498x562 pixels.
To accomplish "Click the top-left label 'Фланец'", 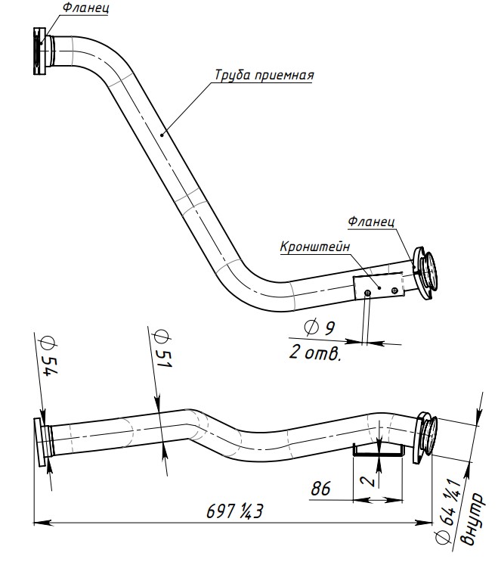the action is (x=85, y=8).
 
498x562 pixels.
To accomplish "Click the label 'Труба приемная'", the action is (x=264, y=76).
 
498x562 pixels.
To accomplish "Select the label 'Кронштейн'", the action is (x=315, y=247).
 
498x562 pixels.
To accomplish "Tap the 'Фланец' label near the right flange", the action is (x=371, y=221).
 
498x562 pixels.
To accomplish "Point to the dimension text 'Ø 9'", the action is (x=320, y=328).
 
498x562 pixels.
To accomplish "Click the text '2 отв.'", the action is (x=314, y=352).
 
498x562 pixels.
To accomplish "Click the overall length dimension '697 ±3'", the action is (x=235, y=511).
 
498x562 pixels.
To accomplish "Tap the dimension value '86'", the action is (x=320, y=488).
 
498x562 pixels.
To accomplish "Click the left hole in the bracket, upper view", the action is (x=368, y=293).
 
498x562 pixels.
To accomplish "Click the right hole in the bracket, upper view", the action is (x=394, y=290).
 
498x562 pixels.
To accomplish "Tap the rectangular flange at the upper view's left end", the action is (x=40, y=51).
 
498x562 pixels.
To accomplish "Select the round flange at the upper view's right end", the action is (x=425, y=272).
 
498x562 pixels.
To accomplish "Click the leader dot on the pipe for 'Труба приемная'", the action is (x=162, y=135).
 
